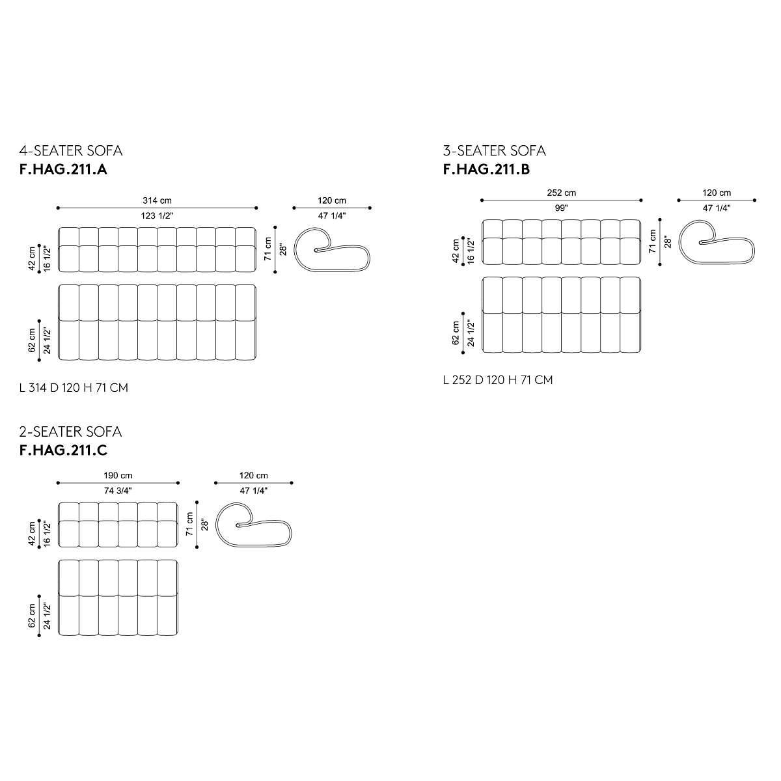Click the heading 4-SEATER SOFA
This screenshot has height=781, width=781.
coord(71,151)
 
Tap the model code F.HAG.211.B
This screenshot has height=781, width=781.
coord(486,170)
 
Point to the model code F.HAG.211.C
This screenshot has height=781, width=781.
coord(63,451)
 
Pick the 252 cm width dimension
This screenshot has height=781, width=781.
coord(561,193)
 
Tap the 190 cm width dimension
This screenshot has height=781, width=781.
coord(118,476)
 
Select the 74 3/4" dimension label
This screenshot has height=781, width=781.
coord(118,490)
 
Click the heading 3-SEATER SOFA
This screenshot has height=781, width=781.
coord(494,151)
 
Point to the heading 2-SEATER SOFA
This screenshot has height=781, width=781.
coord(71,432)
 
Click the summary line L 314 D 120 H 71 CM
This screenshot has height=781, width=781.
coord(74,388)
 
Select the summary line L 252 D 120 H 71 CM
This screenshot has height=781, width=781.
coord(498,379)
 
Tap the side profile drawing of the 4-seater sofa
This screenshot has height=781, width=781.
coord(332,249)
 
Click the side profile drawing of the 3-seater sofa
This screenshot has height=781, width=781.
coord(717,242)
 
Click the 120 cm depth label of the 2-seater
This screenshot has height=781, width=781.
coord(254,476)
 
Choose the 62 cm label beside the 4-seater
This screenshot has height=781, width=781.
coord(32,340)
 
